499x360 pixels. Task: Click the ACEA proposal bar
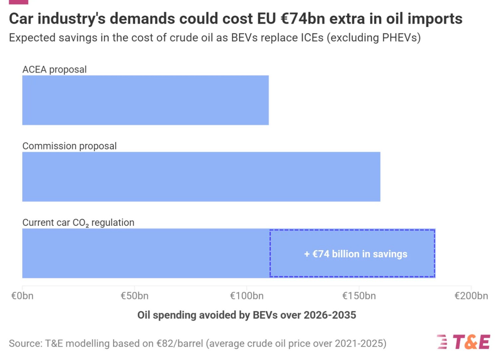145,100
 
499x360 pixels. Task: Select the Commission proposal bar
201,177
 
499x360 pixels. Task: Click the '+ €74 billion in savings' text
356,254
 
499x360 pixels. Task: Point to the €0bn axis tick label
22,296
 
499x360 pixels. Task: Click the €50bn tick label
134,296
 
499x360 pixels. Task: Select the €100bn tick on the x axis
247,296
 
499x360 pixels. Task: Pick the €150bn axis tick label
359,296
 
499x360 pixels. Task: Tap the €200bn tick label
471,296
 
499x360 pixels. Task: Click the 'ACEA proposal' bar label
55,69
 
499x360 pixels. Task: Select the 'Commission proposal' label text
70,146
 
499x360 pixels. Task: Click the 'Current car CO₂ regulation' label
78,222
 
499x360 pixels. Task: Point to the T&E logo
464,342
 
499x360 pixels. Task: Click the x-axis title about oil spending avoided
247,315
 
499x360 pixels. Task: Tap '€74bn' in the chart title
302,19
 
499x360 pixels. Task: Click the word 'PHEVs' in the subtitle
400,38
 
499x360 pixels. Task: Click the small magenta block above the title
19,2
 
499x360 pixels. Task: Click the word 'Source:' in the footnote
26,343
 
